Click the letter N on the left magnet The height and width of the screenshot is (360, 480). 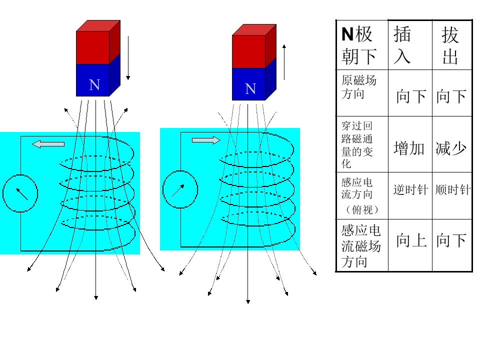tap(94, 85)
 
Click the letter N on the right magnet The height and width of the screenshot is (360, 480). tap(250, 89)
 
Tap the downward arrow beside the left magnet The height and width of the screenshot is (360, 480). tap(128, 57)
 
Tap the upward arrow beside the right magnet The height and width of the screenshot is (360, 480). tap(284, 62)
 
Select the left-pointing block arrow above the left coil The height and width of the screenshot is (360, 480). tap(48, 144)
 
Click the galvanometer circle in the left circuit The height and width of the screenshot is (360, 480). tap(20, 192)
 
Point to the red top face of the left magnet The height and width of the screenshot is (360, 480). tap(98, 25)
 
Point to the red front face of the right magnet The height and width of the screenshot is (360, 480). tap(248, 51)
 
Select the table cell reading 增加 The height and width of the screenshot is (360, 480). tap(409, 148)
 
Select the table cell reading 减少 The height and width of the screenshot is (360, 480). tap(451, 148)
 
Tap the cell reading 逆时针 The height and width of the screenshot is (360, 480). tap(410, 190)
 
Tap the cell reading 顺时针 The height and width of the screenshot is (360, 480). tap(452, 190)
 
